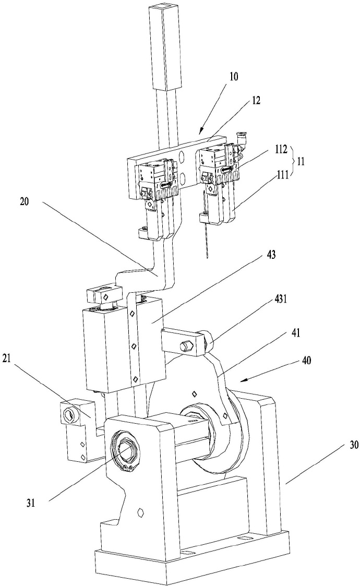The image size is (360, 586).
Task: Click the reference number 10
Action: click(x=233, y=76)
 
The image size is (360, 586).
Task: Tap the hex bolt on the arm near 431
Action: click(x=186, y=345)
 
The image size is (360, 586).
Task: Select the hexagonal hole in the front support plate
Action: click(x=140, y=512)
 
